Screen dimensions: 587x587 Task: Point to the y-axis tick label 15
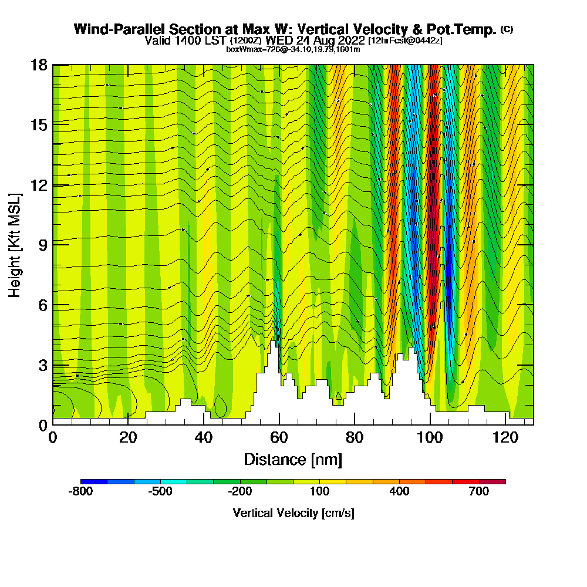[39, 125]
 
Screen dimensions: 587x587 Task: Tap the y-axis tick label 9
[42, 245]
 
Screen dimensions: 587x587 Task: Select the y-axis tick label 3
[42, 365]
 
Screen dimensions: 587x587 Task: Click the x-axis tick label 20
[128, 438]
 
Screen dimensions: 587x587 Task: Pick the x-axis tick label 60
[279, 438]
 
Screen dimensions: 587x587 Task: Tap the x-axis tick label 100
[430, 438]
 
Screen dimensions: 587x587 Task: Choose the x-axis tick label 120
[505, 438]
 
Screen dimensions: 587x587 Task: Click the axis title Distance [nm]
[293, 459]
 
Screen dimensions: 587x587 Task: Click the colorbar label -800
[80, 492]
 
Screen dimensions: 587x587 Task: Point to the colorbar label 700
[479, 492]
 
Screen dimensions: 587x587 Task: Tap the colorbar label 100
[319, 492]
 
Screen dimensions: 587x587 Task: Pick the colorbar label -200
[239, 492]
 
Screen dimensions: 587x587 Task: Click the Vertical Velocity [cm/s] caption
[293, 513]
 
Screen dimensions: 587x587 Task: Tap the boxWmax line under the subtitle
[293, 49]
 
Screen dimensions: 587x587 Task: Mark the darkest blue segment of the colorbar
[94, 481]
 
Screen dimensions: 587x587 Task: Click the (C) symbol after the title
[507, 29]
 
